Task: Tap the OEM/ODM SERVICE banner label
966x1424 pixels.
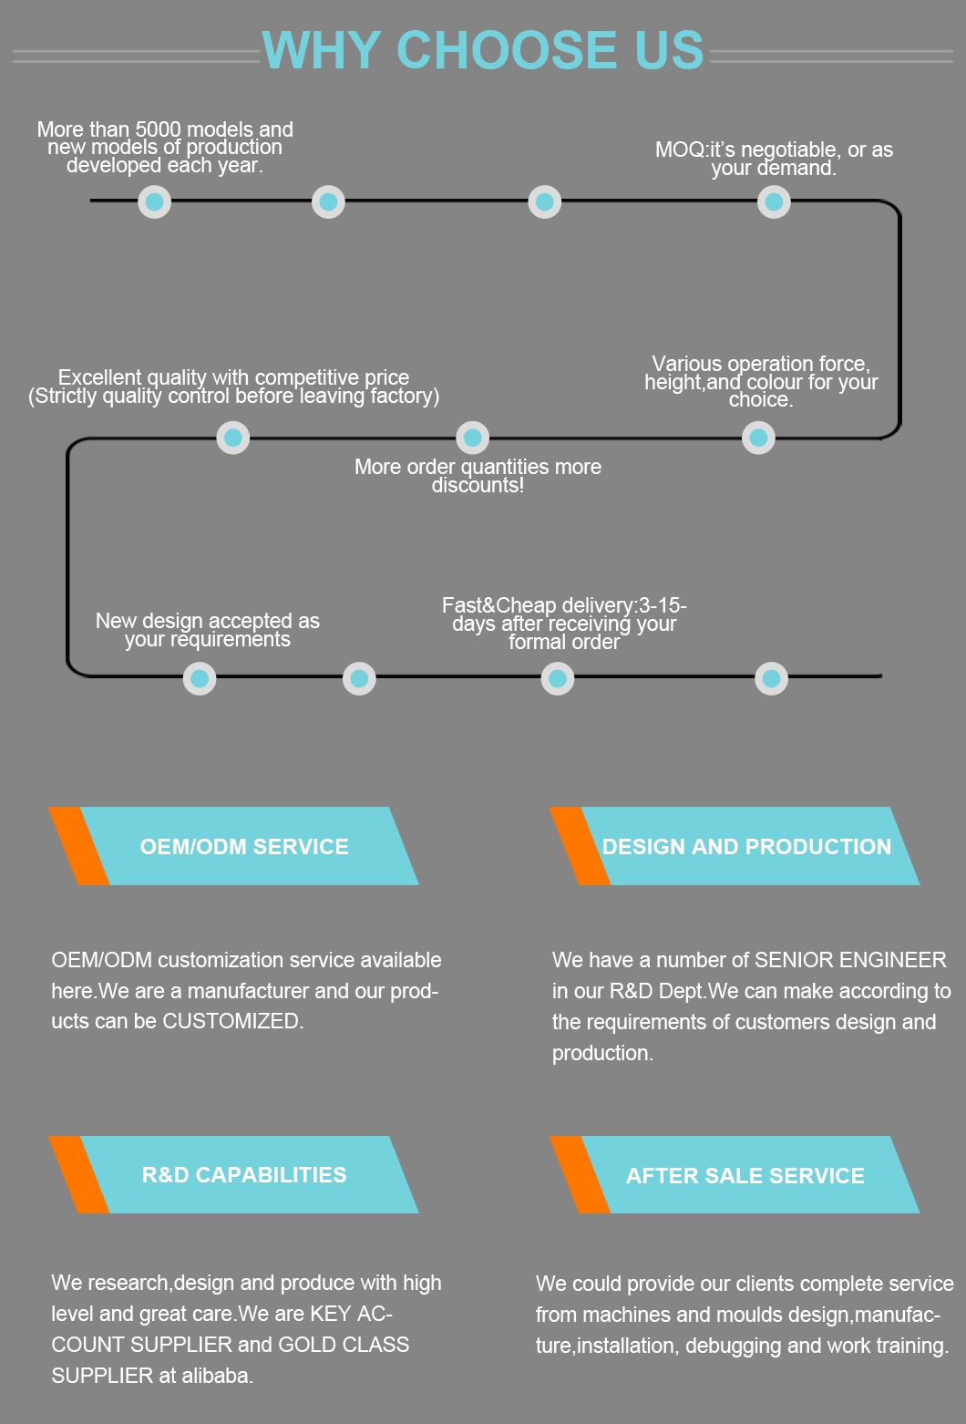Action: pyautogui.click(x=244, y=846)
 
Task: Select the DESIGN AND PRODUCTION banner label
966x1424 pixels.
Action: pyautogui.click(x=746, y=846)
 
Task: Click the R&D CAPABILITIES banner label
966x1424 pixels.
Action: pyautogui.click(x=244, y=1174)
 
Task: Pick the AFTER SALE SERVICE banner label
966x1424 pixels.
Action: pyautogui.click(x=745, y=1175)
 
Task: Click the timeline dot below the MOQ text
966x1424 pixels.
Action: pyautogui.click(x=774, y=202)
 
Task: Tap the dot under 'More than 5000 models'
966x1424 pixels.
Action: pyautogui.click(x=154, y=202)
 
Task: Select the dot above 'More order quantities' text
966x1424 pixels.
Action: pyautogui.click(x=472, y=438)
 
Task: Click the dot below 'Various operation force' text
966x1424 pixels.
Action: pyautogui.click(x=758, y=438)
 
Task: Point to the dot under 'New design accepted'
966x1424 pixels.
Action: pyautogui.click(x=200, y=678)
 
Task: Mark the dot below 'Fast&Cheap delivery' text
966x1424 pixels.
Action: pyautogui.click(x=558, y=678)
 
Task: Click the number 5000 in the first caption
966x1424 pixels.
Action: pyautogui.click(x=159, y=129)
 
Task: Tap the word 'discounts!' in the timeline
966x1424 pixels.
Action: pyautogui.click(x=478, y=485)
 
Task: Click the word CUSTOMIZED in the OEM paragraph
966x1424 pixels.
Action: pyautogui.click(x=231, y=1021)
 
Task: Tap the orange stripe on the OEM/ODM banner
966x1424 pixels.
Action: pyautogui.click(x=78, y=846)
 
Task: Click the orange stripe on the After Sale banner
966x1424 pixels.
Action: pyautogui.click(x=580, y=1175)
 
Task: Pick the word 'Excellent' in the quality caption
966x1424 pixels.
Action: pyautogui.click(x=99, y=377)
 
